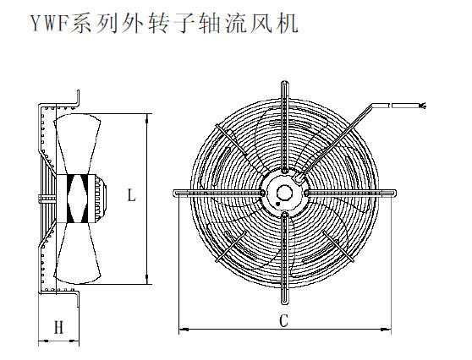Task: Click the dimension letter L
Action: pos(131,194)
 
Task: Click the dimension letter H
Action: pos(59,327)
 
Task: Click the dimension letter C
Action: pos(284,320)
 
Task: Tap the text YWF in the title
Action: pos(49,24)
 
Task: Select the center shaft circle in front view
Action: pos(283,193)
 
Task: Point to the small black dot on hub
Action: pos(277,204)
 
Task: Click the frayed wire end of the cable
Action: pos(423,106)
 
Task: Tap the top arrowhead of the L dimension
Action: pos(147,117)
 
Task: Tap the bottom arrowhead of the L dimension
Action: pos(147,281)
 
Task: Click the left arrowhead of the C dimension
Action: pos(184,330)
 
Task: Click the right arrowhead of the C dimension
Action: pos(387,330)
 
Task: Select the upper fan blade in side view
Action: pos(77,144)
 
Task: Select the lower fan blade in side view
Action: pos(77,254)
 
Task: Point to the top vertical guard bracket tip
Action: pos(284,82)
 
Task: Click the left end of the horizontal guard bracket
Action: pos(173,193)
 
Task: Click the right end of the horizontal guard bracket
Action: pos(395,193)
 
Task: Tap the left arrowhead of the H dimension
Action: pos(43,341)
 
